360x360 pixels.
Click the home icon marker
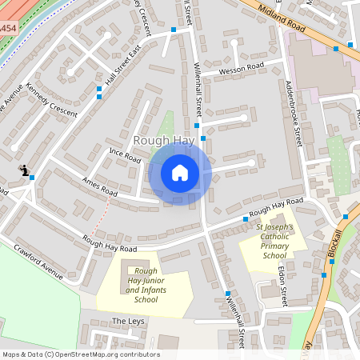(180, 173)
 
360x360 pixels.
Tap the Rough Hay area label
(164, 140)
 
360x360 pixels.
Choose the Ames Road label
(100, 186)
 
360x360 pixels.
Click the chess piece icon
(25, 170)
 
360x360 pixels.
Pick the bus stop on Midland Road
(336, 48)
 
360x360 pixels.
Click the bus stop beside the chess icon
(32, 178)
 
